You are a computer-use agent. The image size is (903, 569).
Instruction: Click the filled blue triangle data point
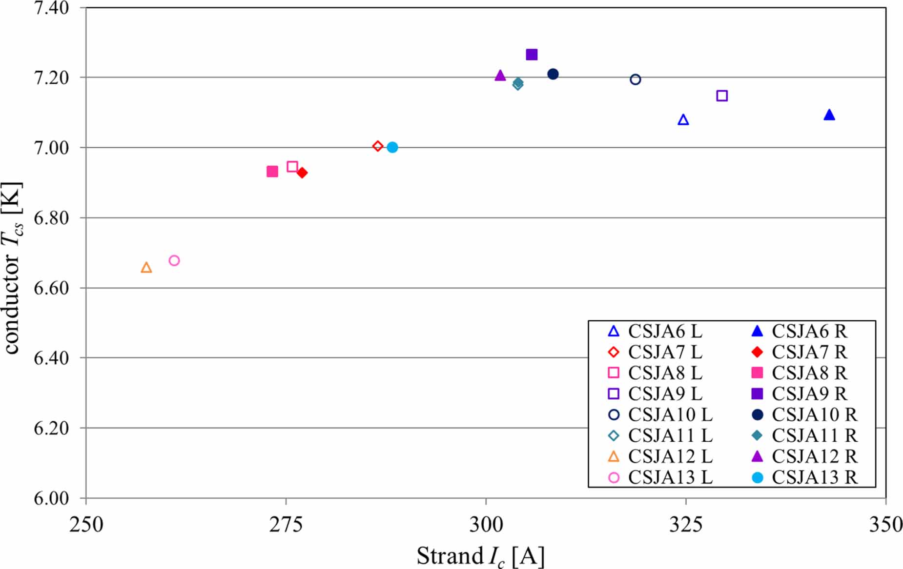point(829,115)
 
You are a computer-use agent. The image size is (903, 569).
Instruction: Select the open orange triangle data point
point(146,268)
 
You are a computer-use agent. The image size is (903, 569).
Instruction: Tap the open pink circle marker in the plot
point(174,260)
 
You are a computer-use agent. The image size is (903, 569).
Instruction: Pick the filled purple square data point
point(532,55)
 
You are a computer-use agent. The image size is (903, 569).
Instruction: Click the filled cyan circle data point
point(392,147)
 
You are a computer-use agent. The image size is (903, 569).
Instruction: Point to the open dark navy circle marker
point(635,79)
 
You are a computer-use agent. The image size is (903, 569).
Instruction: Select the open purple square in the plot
point(722,96)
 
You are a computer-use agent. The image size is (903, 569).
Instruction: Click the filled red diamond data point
point(302,173)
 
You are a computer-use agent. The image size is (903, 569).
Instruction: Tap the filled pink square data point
point(272,172)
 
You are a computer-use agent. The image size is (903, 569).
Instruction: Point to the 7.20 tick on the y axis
point(51,78)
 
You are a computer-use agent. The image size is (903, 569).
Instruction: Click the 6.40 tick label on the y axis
point(51,358)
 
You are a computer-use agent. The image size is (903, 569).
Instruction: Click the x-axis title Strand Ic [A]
point(480,556)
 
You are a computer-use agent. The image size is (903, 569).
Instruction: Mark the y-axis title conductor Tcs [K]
point(12,268)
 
